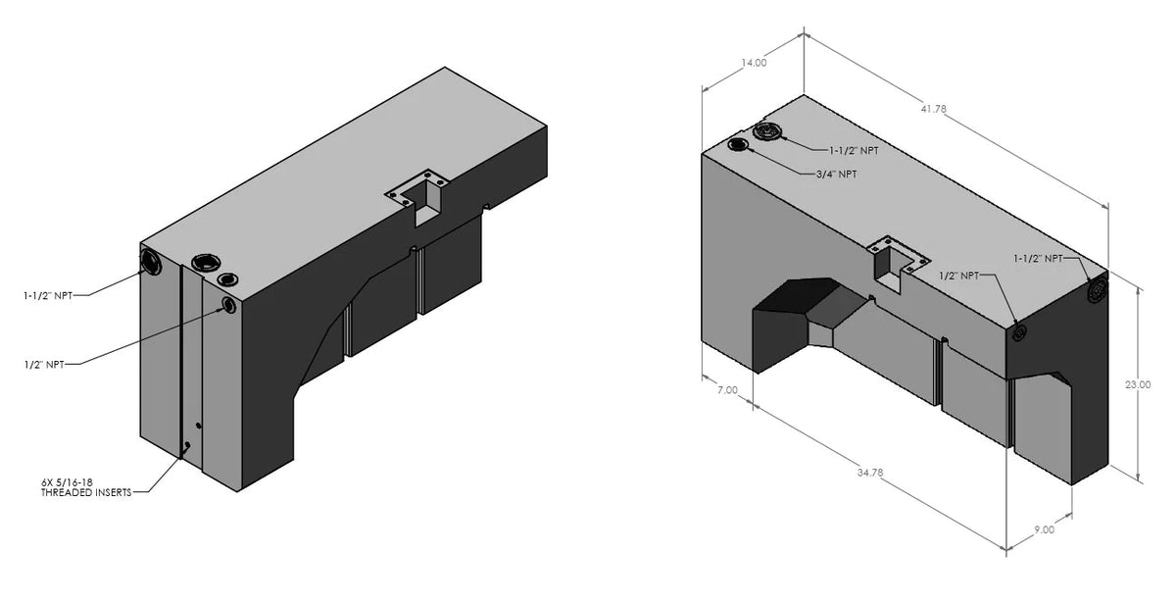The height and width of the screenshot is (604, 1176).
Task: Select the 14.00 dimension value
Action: (754, 64)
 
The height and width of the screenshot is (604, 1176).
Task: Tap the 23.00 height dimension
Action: (1138, 385)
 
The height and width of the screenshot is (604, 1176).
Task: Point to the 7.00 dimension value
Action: (727, 391)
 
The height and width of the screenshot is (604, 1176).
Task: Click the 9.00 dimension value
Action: (1045, 530)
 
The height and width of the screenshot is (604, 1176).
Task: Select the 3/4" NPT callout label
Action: (836, 174)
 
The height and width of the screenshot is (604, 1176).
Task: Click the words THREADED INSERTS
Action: (87, 492)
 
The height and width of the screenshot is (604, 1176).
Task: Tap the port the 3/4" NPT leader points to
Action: (739, 146)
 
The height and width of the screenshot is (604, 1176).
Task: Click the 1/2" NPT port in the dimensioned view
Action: (1019, 333)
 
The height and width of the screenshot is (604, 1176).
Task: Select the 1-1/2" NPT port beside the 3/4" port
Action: (766, 131)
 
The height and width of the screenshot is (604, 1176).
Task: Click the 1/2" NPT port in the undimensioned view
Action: (229, 306)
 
